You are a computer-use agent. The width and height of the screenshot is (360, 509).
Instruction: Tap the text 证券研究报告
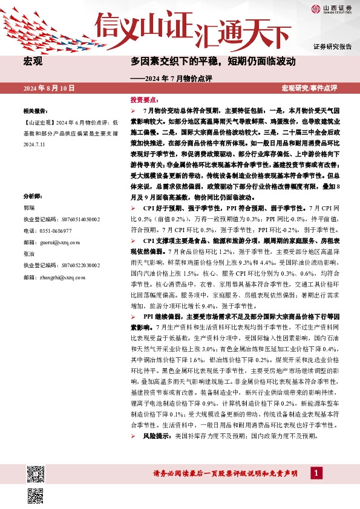coord(332,47)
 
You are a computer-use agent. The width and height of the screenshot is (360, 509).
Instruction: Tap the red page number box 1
coord(315,473)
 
